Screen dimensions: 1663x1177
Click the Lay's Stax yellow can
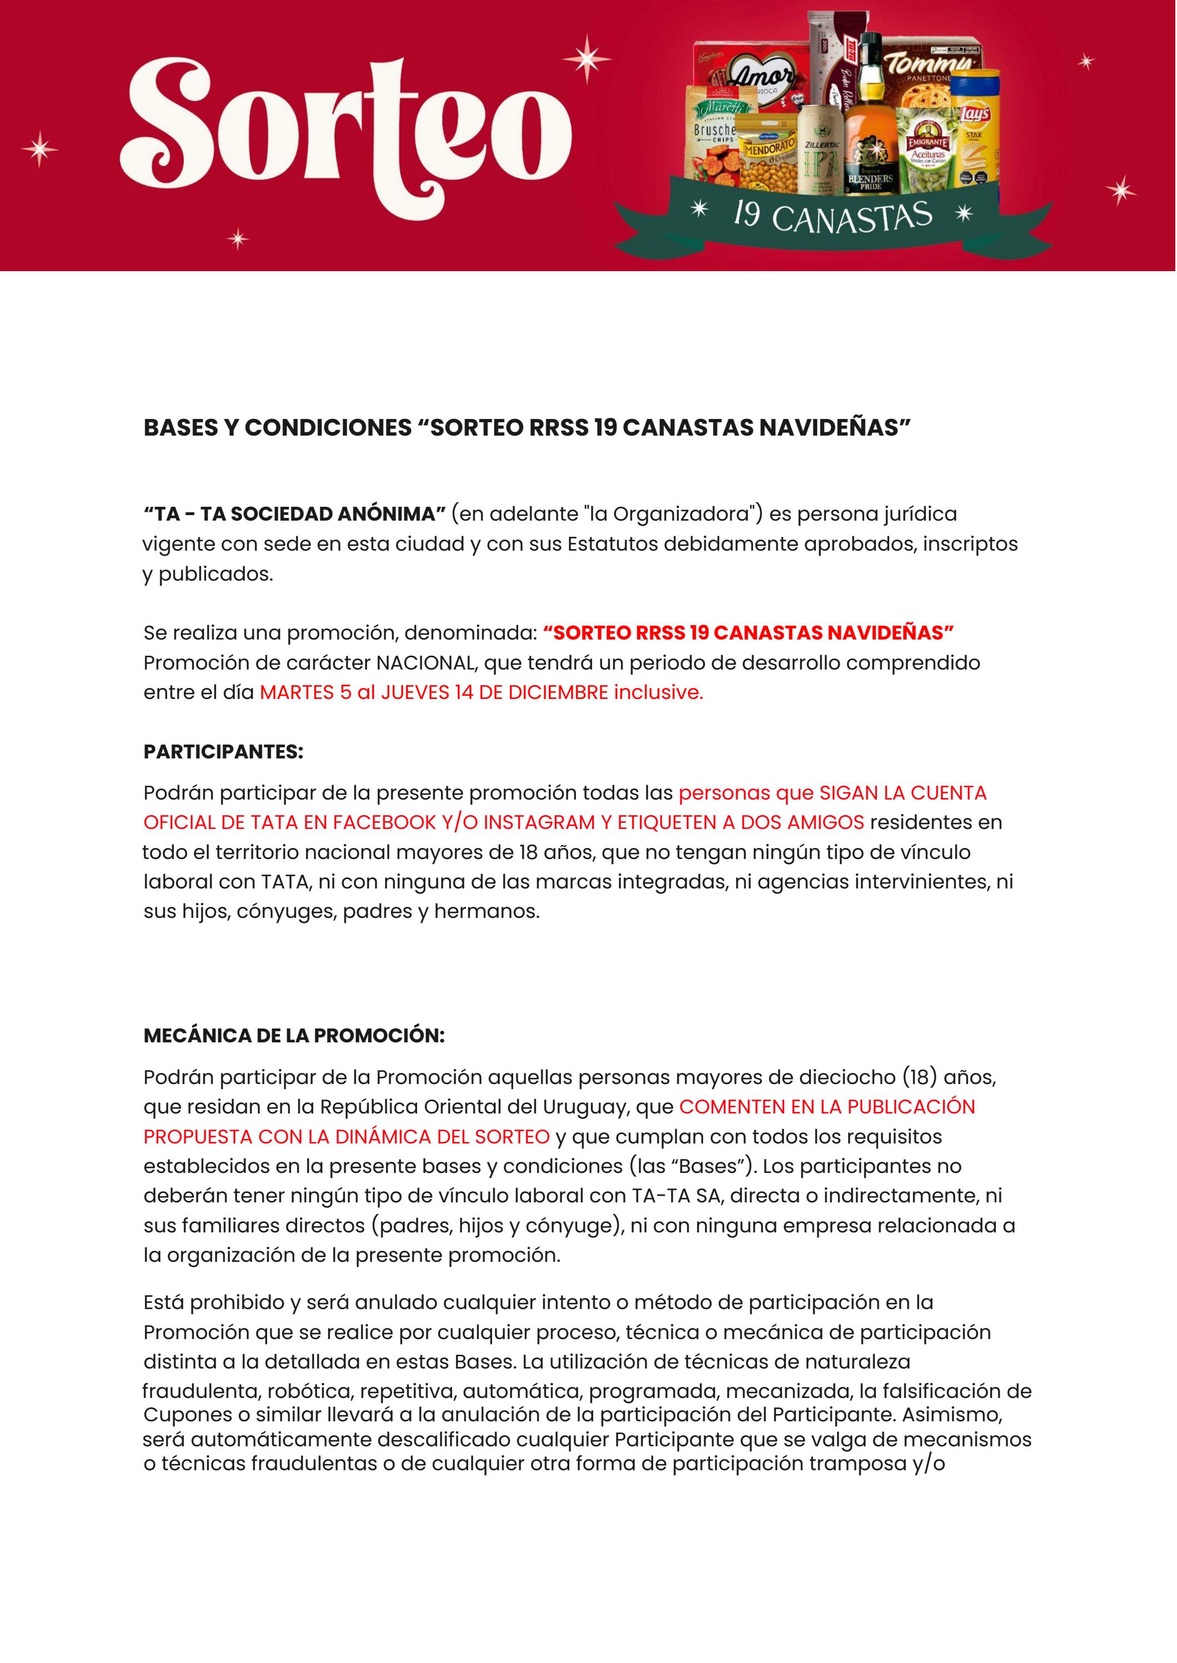[x=974, y=127]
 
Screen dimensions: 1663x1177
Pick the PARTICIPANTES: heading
[x=223, y=752]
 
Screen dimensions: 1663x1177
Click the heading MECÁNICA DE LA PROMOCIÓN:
[x=293, y=1035]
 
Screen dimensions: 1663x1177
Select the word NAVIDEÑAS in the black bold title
[x=834, y=428]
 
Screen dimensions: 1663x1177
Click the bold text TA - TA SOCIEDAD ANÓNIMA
[x=294, y=514]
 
